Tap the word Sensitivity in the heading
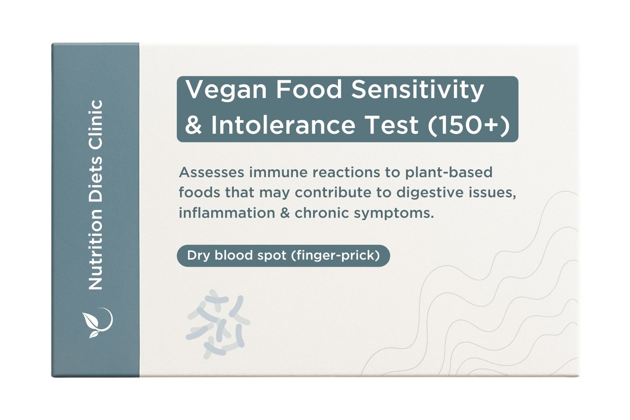(418, 90)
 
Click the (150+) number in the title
(469, 125)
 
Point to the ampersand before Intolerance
(194, 125)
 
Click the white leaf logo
(97, 322)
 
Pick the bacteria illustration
(218, 324)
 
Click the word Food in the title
(308, 90)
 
